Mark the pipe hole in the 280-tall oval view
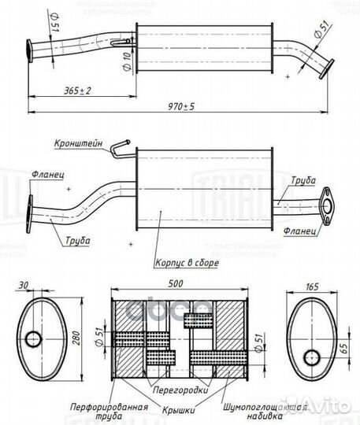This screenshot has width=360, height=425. pos(33,339)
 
